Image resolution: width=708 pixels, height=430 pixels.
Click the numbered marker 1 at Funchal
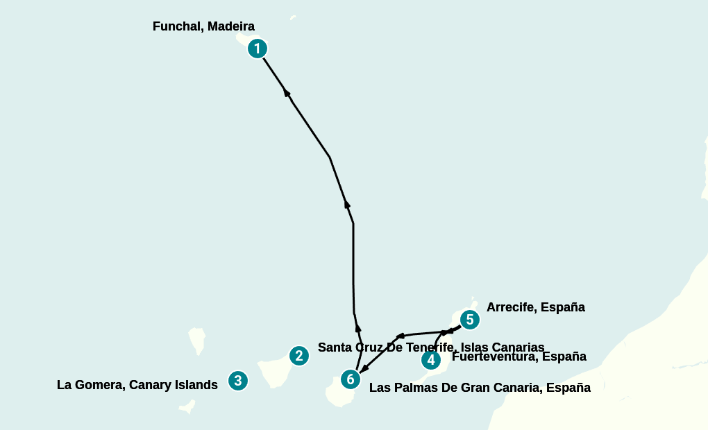click(258, 49)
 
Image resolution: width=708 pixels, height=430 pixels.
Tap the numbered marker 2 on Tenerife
click(298, 356)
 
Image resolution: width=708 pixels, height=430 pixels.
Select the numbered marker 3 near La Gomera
click(238, 380)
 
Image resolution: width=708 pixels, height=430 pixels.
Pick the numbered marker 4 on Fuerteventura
click(431, 360)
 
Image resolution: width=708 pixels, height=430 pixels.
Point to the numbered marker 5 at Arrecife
click(470, 320)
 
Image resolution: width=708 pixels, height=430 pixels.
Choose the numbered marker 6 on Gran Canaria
click(351, 379)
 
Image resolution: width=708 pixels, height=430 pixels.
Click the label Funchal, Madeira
click(203, 27)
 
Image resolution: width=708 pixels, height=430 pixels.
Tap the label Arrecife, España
click(536, 307)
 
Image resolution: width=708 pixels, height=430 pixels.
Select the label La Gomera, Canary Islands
click(137, 385)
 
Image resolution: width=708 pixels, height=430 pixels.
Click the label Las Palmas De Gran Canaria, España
click(480, 388)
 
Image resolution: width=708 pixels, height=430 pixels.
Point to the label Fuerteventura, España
click(519, 357)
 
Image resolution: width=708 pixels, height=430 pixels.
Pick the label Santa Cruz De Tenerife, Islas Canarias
click(431, 347)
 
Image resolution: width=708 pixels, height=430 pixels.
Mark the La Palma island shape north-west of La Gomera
click(196, 341)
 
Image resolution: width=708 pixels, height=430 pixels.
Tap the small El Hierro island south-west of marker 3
click(187, 407)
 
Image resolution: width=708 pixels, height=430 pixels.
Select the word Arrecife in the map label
click(511, 307)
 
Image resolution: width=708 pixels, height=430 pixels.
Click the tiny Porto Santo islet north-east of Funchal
click(293, 17)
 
